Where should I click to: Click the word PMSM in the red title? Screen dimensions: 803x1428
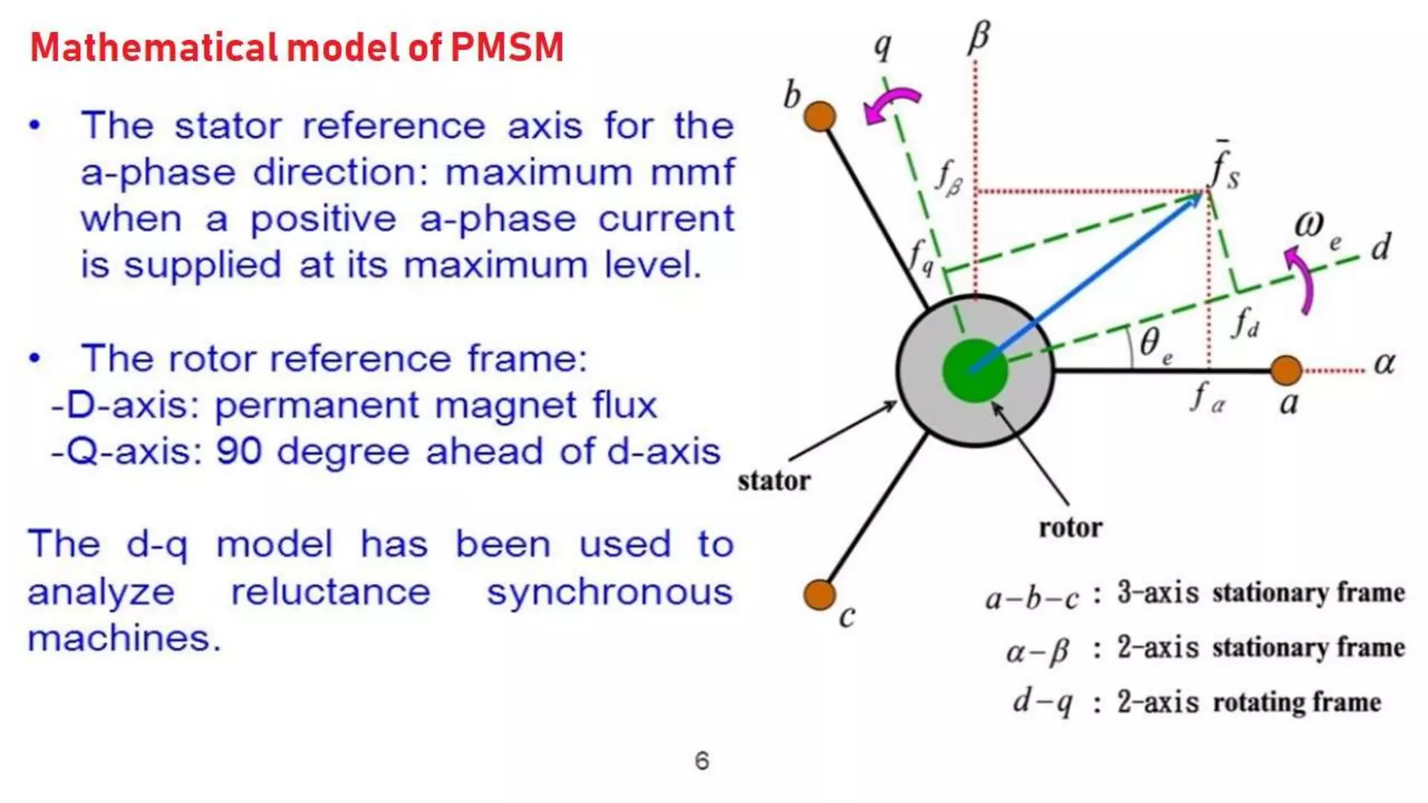[x=507, y=47]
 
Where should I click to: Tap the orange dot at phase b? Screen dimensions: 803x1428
[x=819, y=116]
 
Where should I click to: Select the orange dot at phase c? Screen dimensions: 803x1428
[x=819, y=595]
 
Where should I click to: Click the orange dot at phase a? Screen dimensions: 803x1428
[x=1286, y=370]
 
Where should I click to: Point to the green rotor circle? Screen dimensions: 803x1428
[x=975, y=371]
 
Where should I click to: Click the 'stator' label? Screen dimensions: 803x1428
[x=774, y=481]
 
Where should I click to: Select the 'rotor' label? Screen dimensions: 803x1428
[x=1070, y=528]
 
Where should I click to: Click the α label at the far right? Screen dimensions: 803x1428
[x=1384, y=363]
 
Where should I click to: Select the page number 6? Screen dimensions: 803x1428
[x=702, y=760]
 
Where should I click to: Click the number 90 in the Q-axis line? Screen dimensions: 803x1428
[x=238, y=451]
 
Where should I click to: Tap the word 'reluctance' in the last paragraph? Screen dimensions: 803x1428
[x=331, y=592]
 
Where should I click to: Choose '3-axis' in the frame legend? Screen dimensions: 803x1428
[x=1157, y=592]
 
